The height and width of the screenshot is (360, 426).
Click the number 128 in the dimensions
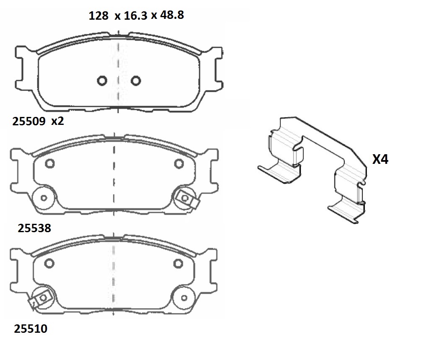99,16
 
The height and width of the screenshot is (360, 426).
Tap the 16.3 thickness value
135,16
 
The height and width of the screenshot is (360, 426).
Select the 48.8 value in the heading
172,15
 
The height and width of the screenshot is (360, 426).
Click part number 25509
29,121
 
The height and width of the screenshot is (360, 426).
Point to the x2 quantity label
57,121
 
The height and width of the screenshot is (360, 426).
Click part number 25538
34,228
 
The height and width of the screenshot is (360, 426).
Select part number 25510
31,329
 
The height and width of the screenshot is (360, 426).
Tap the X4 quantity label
380,159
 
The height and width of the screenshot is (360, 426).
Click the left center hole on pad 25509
102,80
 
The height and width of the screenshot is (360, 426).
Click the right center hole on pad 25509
135,80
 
